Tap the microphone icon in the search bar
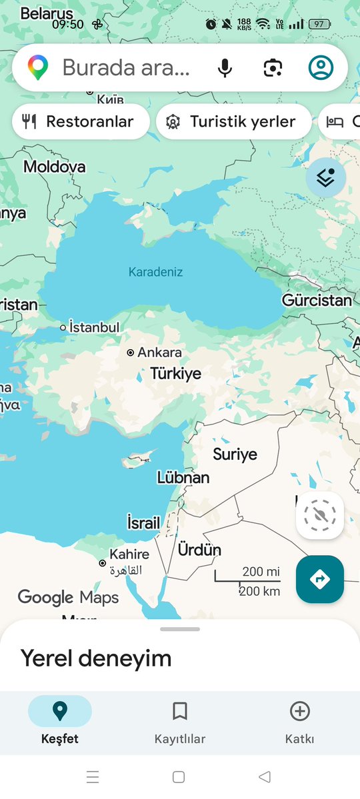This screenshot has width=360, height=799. (x=225, y=67)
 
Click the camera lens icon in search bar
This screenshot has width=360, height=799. (x=273, y=67)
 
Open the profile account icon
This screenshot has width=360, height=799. (x=321, y=67)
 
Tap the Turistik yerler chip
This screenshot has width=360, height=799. (x=233, y=122)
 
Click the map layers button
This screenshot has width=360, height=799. (x=326, y=177)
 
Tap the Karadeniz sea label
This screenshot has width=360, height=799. (x=155, y=272)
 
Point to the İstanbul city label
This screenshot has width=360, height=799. (x=94, y=327)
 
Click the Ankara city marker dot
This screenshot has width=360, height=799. (x=131, y=353)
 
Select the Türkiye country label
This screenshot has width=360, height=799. (x=175, y=373)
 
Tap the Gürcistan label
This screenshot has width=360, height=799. (x=317, y=300)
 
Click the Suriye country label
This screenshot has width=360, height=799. (x=235, y=454)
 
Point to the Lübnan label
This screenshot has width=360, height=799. (x=183, y=478)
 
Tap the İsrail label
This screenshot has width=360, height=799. (x=143, y=523)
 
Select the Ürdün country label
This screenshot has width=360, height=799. (x=199, y=550)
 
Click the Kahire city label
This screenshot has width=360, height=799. (x=129, y=554)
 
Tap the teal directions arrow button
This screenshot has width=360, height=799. (x=320, y=579)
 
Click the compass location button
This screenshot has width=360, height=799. (x=320, y=515)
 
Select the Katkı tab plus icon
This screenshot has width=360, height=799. (x=300, y=712)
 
